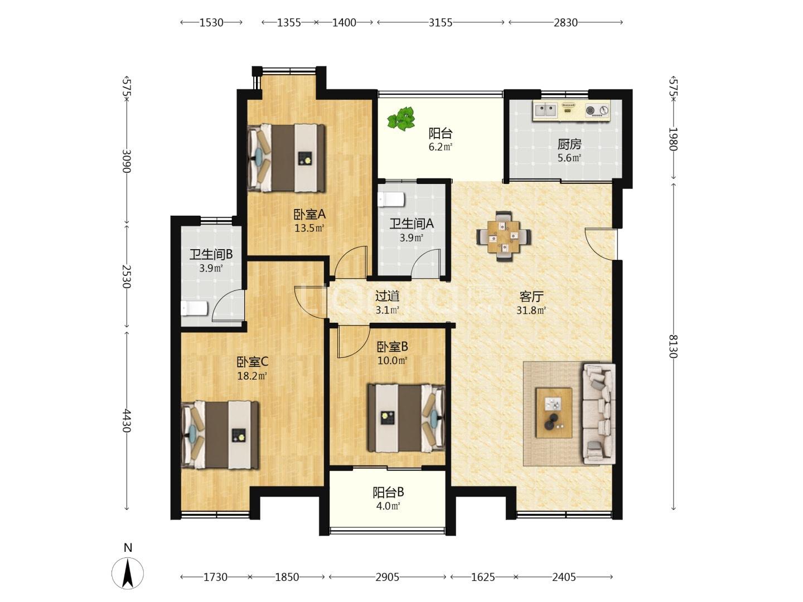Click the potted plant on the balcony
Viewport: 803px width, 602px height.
click(401, 119)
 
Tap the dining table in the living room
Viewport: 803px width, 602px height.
click(504, 236)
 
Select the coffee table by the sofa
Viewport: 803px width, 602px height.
click(554, 412)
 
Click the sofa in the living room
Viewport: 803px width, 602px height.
click(599, 414)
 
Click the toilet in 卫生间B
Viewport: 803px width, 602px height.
click(194, 308)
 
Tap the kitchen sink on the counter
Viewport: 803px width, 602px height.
click(545, 109)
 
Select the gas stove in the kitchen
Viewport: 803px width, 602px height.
click(597, 110)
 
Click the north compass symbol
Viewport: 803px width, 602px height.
click(128, 573)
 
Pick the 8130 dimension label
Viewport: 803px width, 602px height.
click(673, 346)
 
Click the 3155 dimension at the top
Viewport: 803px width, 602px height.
click(441, 23)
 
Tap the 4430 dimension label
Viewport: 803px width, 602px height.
click(127, 421)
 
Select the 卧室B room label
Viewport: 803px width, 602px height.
click(392, 346)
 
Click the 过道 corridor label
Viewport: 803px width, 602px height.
click(388, 295)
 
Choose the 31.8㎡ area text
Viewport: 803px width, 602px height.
click(531, 310)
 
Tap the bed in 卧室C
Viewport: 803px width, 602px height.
click(220, 435)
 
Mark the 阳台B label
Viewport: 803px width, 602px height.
click(388, 492)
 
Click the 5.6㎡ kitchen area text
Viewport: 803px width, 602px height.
click(569, 158)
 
